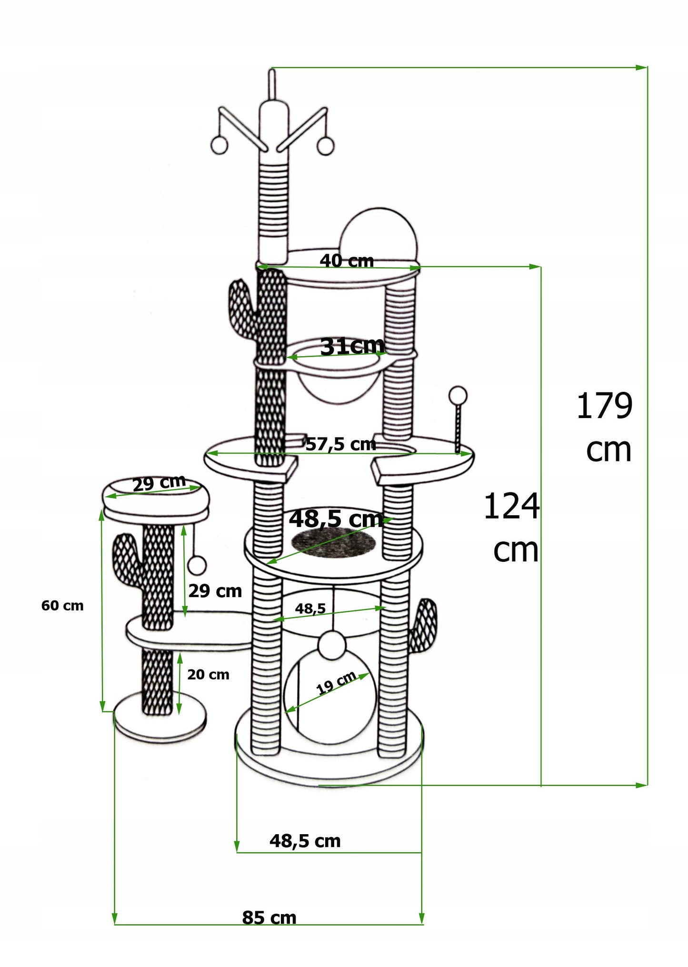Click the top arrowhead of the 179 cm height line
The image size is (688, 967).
pos(642,67)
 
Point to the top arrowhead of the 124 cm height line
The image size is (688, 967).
pos(535,267)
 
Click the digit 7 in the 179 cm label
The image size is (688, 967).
pos(604,406)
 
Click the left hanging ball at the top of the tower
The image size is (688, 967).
pos(219,146)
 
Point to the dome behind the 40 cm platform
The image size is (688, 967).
pos(379,234)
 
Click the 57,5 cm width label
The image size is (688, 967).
pos(341,444)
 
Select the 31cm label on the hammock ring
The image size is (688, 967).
pos(352,346)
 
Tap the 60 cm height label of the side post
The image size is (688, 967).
pos(62,606)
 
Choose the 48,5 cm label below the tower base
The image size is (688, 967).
pos(305,841)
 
